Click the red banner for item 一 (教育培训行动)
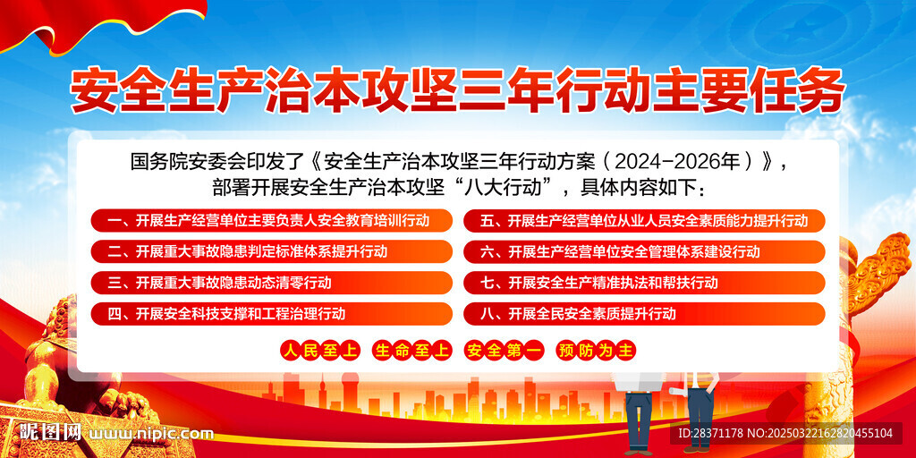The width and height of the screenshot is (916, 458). pyautogui.click(x=272, y=221)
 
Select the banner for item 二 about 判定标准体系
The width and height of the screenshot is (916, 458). pyautogui.click(x=272, y=251)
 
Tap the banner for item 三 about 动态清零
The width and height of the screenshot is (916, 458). pyautogui.click(x=272, y=283)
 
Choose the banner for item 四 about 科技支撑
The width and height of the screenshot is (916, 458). pyautogui.click(x=272, y=314)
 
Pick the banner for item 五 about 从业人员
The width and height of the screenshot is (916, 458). pyautogui.click(x=644, y=221)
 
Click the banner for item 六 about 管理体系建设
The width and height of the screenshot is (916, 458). pyautogui.click(x=644, y=251)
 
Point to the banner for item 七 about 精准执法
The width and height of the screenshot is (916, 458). pyautogui.click(x=644, y=283)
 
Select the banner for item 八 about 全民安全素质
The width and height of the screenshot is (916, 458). pyautogui.click(x=644, y=314)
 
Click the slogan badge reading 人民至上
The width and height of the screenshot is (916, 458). pyautogui.click(x=320, y=351)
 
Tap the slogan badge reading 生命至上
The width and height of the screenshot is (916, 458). pyautogui.click(x=412, y=351)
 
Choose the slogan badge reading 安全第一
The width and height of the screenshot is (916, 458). pyautogui.click(x=505, y=351)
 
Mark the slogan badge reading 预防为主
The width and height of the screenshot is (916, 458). pyautogui.click(x=596, y=351)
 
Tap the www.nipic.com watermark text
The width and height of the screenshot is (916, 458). pyautogui.click(x=150, y=434)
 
